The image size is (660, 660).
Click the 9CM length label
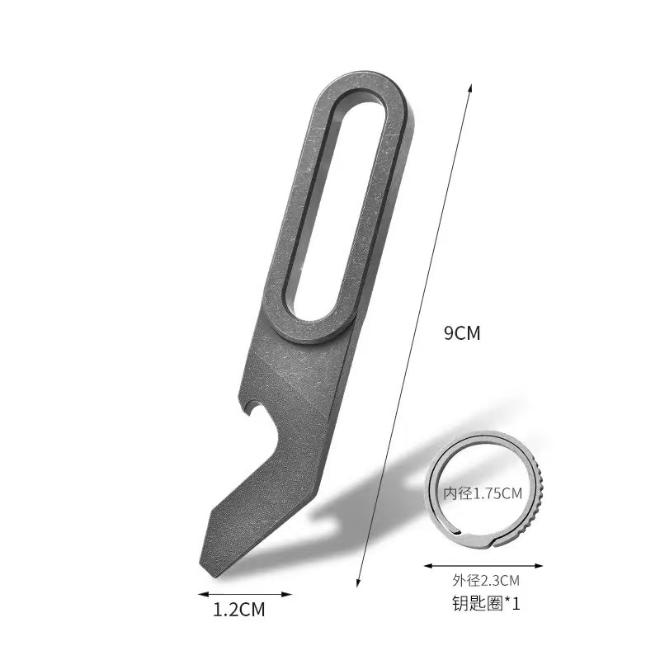click(462, 333)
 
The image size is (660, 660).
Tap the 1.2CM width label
click(238, 610)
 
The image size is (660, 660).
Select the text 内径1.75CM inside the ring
click(483, 493)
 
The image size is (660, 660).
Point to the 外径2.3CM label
click(486, 581)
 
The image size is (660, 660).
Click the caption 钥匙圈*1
click(486, 603)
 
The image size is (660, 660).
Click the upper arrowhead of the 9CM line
click(470, 87)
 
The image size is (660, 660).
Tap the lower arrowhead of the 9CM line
click(358, 582)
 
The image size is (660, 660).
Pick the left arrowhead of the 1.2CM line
click(203, 594)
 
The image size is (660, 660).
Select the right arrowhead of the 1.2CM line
click(287, 594)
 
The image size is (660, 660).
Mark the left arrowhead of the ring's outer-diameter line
click(429, 566)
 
